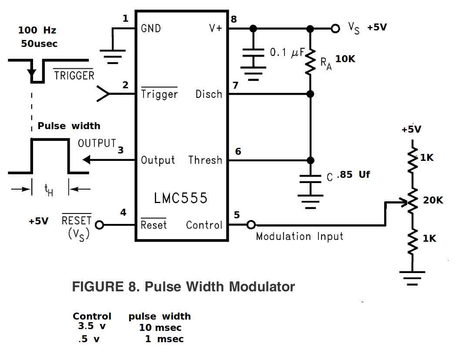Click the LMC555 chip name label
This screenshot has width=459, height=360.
pos(181,198)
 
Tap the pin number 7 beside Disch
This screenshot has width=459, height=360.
pos(235,85)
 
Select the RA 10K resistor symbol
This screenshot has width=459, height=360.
pos(310,62)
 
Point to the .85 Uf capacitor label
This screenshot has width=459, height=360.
pos(353,175)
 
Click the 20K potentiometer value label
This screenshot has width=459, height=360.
pos(433,200)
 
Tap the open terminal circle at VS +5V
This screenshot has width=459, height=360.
pos(335,29)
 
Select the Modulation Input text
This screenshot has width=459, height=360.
pos(299,236)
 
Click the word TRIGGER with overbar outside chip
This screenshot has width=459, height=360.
pos(74,75)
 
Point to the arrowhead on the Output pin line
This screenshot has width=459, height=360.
pos(87,160)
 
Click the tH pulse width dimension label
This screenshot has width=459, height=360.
pos(49,190)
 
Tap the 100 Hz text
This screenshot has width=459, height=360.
pos(37,30)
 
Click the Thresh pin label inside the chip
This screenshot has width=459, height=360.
pos(205,160)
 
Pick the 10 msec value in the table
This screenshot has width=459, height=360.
pos(160,327)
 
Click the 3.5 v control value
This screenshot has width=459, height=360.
pos(92,326)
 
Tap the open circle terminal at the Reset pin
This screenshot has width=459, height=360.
pos(100,225)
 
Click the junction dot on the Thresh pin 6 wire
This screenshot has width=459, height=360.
pos(310,160)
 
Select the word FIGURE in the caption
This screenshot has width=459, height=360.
pos(98,287)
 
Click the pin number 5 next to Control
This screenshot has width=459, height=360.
pos(237,215)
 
